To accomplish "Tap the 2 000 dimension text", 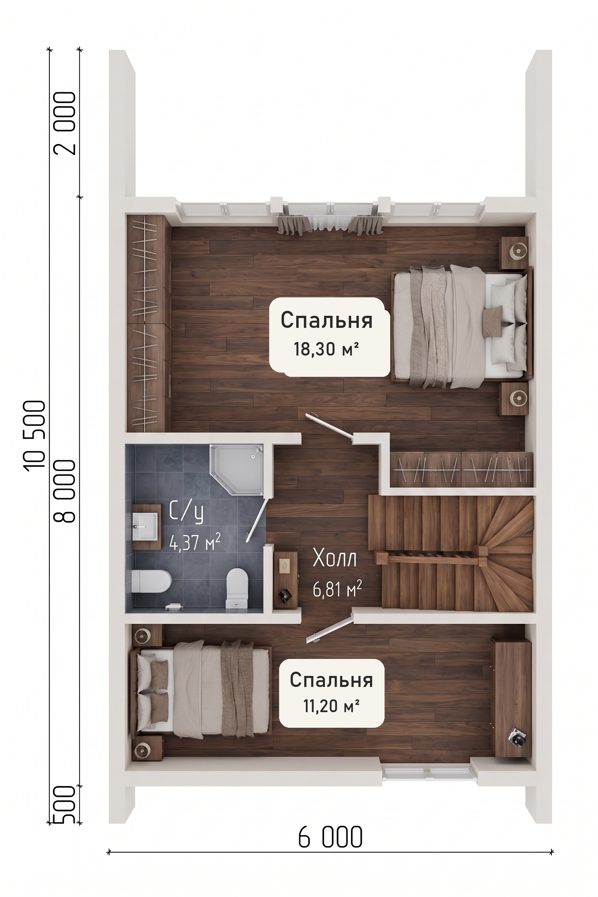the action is click(x=65, y=123).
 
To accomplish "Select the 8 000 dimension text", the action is click(x=65, y=491).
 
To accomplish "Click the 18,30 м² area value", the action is click(x=326, y=349).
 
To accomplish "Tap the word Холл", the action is click(x=335, y=558).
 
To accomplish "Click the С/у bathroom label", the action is click(x=186, y=512).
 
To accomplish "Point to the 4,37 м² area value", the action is click(x=195, y=543).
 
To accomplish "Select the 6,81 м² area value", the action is click(x=337, y=589).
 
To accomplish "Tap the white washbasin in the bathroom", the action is click(x=145, y=527).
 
